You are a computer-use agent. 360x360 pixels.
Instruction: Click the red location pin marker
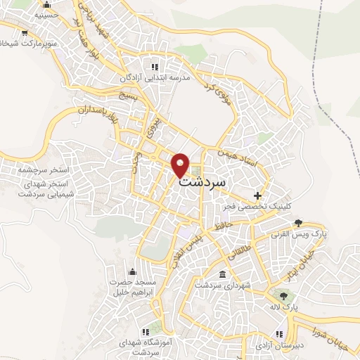pyautogui.click(x=181, y=165)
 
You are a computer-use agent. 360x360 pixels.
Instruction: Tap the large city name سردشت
pyautogui.click(x=204, y=180)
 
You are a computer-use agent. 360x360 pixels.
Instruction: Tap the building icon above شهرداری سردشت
pyautogui.click(x=223, y=274)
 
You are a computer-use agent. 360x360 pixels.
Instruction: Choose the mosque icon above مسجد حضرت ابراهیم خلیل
pyautogui.click(x=131, y=272)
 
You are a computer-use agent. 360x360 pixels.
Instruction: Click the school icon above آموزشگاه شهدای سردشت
pyautogui.click(x=147, y=330)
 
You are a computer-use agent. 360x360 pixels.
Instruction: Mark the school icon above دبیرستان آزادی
pyautogui.click(x=283, y=329)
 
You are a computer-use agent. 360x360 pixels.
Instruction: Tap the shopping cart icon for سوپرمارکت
pyautogui.click(x=25, y=32)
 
